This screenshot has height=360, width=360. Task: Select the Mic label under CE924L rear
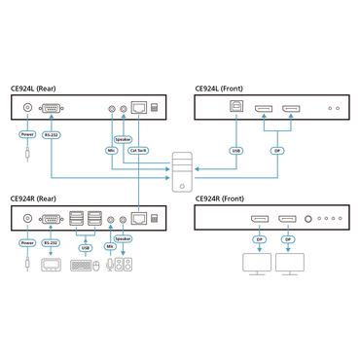click(x=113, y=150)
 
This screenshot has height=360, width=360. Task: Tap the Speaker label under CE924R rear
click(x=124, y=236)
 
